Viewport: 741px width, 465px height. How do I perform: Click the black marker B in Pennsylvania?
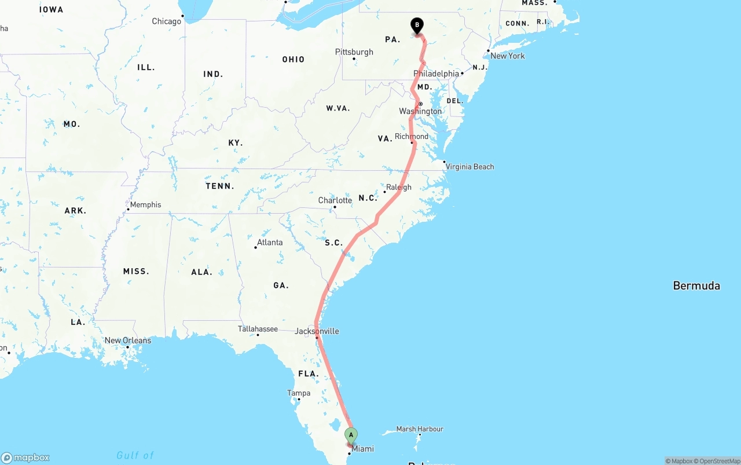(417, 26)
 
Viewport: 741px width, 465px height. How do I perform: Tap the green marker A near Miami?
(351, 435)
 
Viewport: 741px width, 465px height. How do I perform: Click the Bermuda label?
(696, 285)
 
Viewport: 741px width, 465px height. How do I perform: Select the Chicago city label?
(167, 21)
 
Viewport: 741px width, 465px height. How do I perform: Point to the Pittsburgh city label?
(354, 52)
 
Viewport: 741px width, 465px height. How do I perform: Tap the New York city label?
(507, 56)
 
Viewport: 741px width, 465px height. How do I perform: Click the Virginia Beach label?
(469, 167)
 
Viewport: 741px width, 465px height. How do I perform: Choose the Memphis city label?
(145, 204)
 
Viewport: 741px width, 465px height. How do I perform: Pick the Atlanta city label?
(270, 242)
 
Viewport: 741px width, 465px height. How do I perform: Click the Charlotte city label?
(335, 200)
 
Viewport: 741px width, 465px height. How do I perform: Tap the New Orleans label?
(127, 340)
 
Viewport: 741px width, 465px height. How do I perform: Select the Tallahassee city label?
(258, 329)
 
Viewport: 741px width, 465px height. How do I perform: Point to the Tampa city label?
(299, 393)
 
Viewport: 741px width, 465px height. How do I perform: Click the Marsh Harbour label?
(420, 429)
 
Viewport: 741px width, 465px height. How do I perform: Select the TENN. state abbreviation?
(220, 186)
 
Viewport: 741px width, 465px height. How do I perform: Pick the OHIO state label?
(294, 59)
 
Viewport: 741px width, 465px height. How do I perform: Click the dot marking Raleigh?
(384, 192)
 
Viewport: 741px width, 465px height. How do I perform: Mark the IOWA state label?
(52, 9)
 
